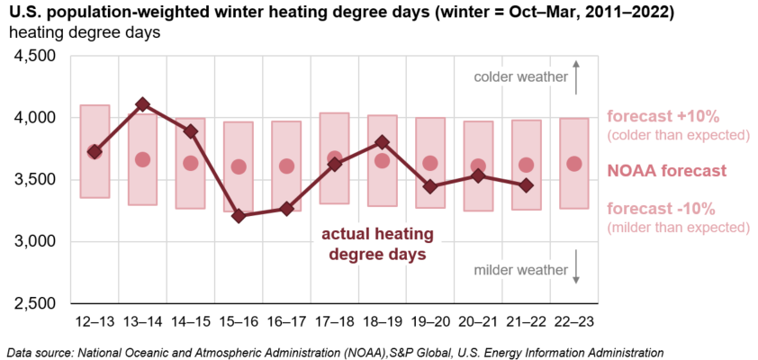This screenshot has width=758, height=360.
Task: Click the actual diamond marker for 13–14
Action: [x=142, y=105]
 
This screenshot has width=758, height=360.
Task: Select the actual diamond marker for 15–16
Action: [x=239, y=216]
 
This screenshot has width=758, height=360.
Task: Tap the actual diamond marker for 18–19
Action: [x=383, y=141]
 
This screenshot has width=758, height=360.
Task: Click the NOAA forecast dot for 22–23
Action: [x=574, y=164]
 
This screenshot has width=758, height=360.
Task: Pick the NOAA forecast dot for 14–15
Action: [x=190, y=163]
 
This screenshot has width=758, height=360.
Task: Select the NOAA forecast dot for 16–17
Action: [x=286, y=166]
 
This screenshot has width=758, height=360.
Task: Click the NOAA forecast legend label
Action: [x=666, y=170]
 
